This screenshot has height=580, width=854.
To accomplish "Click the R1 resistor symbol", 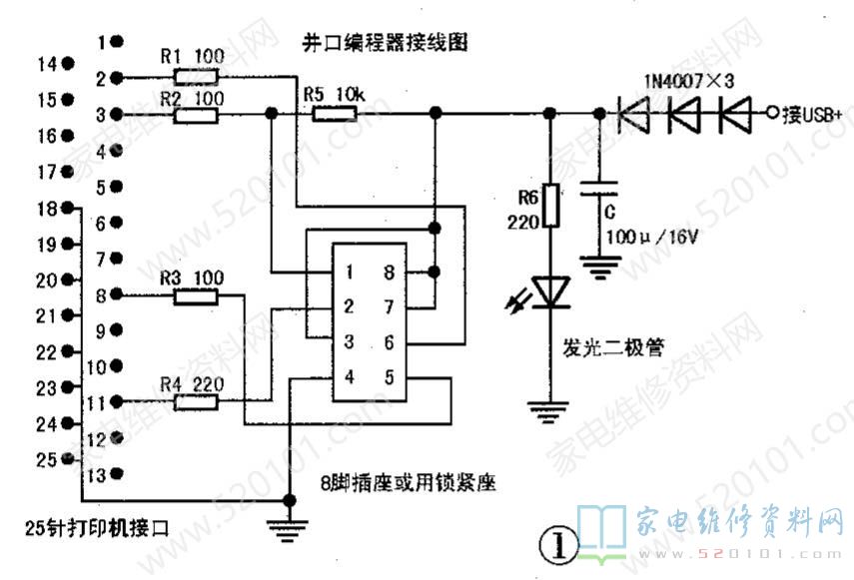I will [195, 77].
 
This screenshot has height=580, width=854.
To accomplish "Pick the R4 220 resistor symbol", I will [195, 402].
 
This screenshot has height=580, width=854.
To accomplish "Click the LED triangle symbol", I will [548, 290].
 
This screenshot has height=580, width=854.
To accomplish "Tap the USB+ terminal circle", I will [771, 115].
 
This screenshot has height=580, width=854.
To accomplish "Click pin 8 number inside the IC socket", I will [388, 272].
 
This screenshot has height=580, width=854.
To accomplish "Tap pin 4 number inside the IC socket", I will [349, 377].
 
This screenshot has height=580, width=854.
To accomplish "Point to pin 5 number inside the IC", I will [388, 377].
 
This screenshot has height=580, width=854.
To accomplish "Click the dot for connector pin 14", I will [68, 63].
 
